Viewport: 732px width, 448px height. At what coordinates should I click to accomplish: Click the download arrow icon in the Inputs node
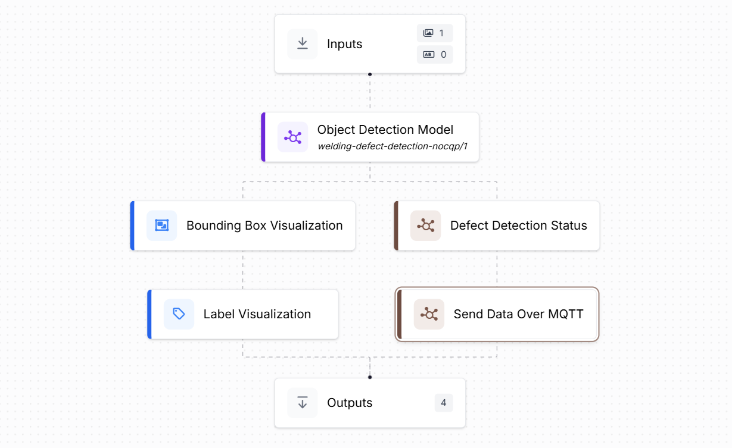tap(303, 44)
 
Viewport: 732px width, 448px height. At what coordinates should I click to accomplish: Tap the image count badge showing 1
tap(435, 33)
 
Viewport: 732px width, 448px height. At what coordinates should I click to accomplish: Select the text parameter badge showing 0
tap(435, 55)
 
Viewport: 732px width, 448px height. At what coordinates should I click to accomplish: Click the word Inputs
tap(344, 44)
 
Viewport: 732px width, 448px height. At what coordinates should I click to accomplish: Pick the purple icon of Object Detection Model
tap(292, 137)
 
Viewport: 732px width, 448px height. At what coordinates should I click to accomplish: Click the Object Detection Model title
tap(385, 130)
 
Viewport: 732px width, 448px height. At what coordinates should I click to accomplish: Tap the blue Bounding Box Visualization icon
tap(162, 225)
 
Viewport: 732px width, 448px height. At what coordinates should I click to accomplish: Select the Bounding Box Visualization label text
tap(264, 225)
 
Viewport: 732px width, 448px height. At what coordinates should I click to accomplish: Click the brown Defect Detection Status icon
tap(426, 225)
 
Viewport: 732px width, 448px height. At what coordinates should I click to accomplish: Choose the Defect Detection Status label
tap(518, 225)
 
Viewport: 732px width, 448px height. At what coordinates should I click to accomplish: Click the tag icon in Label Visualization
tap(179, 314)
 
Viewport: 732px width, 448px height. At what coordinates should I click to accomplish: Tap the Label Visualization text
tap(257, 314)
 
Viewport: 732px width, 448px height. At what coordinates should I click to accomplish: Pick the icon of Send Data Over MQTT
tap(429, 314)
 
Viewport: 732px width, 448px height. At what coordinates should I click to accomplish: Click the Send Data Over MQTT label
tap(518, 314)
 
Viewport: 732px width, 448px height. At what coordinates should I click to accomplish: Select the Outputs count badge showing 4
tap(444, 403)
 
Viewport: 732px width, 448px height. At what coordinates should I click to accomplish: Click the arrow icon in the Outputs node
tap(303, 403)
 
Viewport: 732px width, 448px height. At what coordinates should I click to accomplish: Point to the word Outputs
tap(350, 403)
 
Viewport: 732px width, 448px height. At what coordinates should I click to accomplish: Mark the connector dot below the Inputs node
tap(370, 74)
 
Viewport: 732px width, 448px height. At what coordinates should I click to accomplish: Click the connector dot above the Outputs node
tap(370, 377)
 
